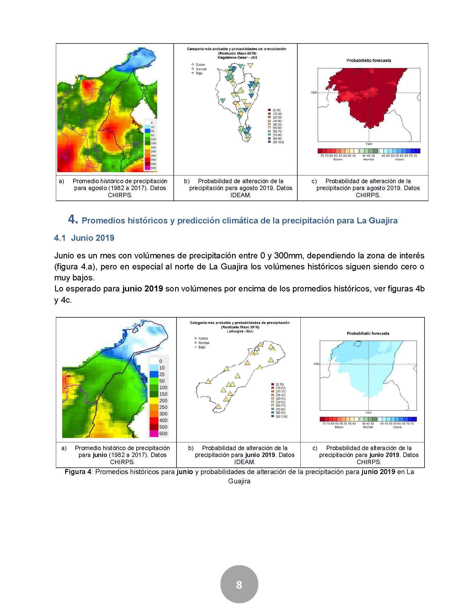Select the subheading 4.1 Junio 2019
[84, 238]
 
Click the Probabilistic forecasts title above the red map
[368, 61]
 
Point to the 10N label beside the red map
[314, 93]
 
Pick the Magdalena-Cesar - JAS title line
[236, 57]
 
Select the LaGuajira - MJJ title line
[239, 331]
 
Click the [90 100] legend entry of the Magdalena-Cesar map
[278, 142]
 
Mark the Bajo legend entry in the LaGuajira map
[202, 347]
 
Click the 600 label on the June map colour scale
[163, 433]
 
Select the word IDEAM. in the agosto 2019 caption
[240, 195]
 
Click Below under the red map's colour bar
[338, 159]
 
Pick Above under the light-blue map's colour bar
[397, 427]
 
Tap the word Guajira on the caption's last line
[239, 481]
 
